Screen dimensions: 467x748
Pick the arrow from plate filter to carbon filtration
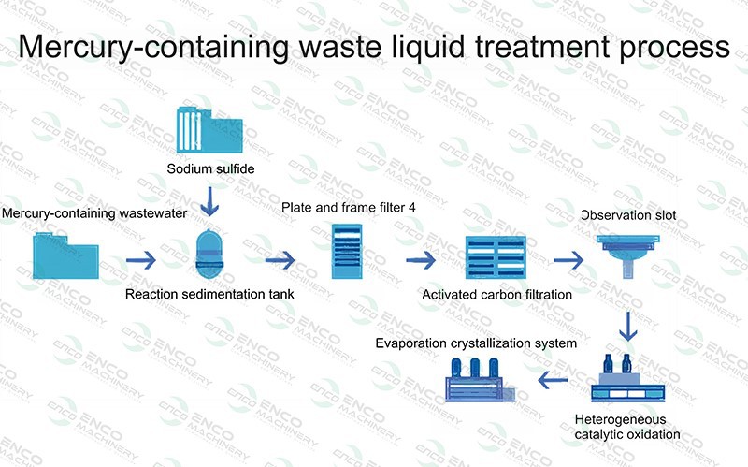(420, 258)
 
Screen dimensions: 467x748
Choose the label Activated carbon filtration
(497, 295)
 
